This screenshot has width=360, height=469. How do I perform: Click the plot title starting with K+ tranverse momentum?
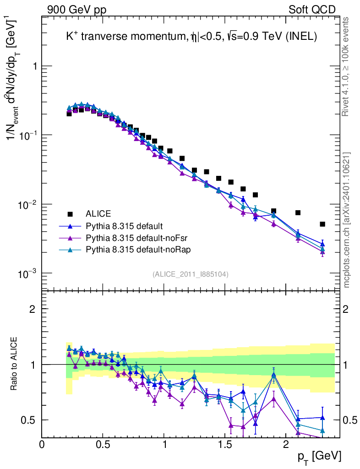(191, 38)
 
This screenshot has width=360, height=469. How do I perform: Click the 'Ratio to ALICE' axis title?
(15, 365)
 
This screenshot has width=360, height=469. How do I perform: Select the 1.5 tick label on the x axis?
(224, 444)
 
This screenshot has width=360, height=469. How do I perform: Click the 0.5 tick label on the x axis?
(103, 444)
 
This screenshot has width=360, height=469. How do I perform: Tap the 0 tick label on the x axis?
(42, 444)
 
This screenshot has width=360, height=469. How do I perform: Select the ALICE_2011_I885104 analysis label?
(191, 274)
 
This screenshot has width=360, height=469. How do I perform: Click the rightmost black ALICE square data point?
(322, 224)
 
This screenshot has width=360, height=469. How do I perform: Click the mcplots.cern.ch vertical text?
(347, 220)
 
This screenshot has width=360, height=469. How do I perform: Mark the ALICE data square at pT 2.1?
(298, 213)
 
